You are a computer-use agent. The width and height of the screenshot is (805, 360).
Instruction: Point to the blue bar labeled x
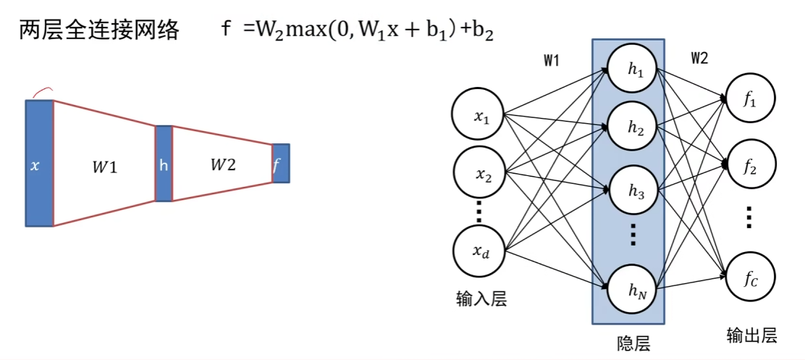pos(39,164)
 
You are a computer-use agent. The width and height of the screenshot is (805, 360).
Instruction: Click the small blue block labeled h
pos(164,164)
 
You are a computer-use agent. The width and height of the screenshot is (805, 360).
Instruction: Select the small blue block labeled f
pos(280,163)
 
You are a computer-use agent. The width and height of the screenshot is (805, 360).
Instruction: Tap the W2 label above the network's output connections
pos(699,59)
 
